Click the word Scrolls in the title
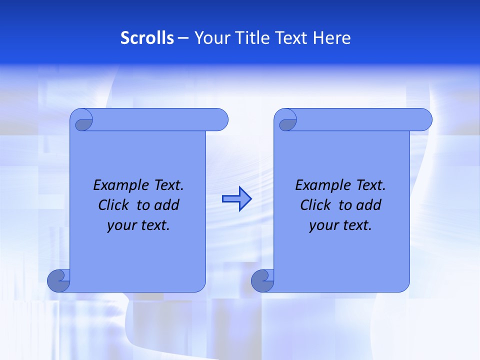(147, 38)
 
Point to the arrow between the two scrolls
(236, 199)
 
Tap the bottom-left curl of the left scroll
(58, 280)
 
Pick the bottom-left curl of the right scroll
(262, 280)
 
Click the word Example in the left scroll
(120, 185)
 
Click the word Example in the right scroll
(322, 185)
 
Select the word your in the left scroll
(121, 226)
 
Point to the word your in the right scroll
(323, 226)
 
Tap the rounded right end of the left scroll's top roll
(220, 120)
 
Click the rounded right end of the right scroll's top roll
(424, 120)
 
